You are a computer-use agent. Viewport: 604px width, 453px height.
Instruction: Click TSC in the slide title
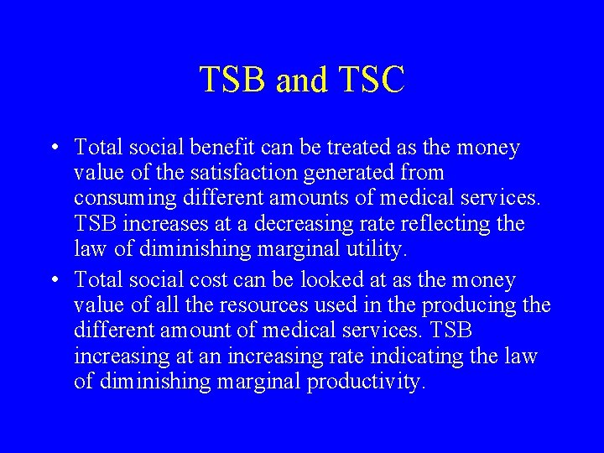372,81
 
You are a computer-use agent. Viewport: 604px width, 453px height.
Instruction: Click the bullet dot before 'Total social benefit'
53,148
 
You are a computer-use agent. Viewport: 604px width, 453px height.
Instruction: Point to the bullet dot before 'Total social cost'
53,280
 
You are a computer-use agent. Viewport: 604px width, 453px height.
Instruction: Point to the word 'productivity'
367,383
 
